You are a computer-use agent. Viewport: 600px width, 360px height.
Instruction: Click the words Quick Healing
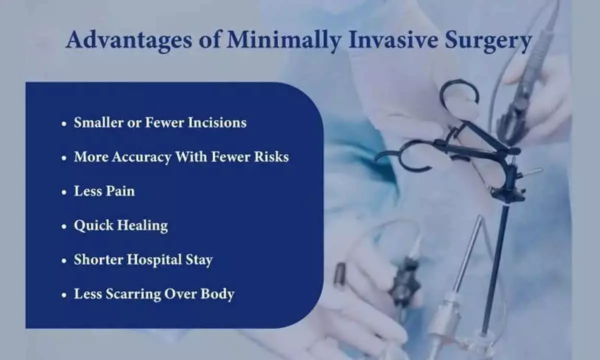(x=120, y=226)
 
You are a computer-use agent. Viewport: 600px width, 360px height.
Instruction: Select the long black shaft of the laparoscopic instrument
(x=492, y=265)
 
